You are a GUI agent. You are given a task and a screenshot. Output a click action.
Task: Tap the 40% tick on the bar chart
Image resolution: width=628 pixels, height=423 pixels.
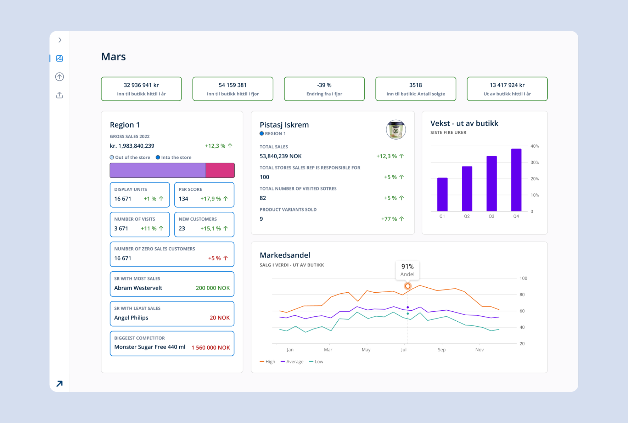click(x=534, y=146)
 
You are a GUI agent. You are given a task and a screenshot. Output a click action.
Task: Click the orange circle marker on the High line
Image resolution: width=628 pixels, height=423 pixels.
click(x=408, y=286)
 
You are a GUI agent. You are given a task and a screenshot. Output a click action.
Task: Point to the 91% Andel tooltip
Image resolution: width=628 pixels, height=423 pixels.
click(x=407, y=270)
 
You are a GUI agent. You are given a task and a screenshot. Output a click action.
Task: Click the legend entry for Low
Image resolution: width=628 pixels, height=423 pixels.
click(x=316, y=361)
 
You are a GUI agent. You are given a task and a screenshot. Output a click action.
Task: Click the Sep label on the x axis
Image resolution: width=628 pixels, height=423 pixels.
click(x=441, y=350)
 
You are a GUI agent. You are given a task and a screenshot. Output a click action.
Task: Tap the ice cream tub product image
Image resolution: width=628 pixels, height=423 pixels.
click(x=396, y=130)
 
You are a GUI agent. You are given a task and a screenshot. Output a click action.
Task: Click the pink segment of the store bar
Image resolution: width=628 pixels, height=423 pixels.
click(x=220, y=170)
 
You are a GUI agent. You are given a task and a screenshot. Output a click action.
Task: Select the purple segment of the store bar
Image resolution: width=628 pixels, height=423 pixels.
click(x=158, y=170)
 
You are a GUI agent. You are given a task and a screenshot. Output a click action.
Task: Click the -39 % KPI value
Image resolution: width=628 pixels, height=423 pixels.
click(x=324, y=85)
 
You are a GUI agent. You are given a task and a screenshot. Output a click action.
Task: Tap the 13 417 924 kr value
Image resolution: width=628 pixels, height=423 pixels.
click(x=507, y=85)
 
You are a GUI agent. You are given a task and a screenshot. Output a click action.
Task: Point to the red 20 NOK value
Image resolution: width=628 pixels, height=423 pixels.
click(x=219, y=318)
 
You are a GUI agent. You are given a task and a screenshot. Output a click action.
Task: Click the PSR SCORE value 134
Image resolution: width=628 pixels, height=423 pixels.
click(x=183, y=199)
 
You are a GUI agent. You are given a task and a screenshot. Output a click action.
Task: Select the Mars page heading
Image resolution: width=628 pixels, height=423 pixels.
click(x=113, y=57)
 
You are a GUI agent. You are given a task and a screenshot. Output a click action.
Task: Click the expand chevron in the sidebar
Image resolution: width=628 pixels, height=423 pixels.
click(x=60, y=40)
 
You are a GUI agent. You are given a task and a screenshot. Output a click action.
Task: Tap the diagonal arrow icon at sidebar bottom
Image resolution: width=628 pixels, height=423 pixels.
click(x=60, y=384)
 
